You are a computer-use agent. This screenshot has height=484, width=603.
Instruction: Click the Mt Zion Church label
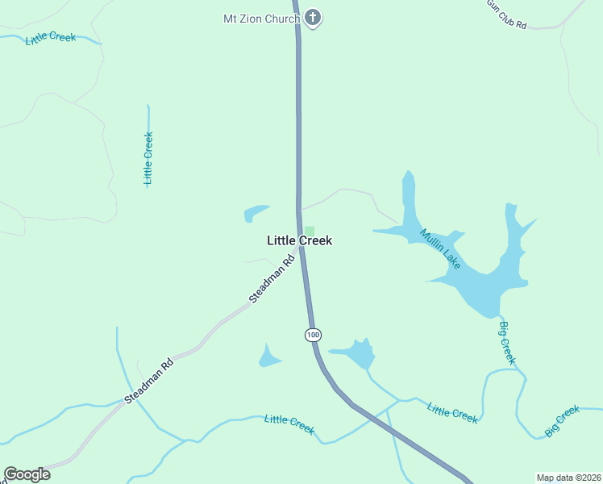click(x=261, y=18)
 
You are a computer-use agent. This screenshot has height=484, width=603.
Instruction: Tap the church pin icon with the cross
click(x=313, y=18)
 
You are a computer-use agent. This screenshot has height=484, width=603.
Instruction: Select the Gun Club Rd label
click(x=506, y=15)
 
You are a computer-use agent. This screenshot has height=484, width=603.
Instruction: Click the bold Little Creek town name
click(x=299, y=240)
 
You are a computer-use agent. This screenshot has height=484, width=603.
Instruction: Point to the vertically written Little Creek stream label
click(x=148, y=158)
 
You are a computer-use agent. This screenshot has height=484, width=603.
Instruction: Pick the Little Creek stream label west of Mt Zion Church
click(x=50, y=38)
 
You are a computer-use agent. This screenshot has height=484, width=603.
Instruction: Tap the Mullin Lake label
click(x=440, y=249)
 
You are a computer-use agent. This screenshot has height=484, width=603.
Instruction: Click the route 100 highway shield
click(x=313, y=335)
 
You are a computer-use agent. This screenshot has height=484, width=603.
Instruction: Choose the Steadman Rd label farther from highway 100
click(x=149, y=382)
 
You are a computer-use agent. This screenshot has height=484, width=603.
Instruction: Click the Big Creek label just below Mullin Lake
click(x=506, y=342)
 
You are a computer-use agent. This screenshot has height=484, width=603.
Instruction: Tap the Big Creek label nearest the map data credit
click(x=562, y=421)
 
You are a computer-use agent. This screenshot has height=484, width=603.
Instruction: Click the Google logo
click(x=27, y=474)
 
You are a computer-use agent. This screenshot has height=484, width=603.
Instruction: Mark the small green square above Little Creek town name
click(x=309, y=232)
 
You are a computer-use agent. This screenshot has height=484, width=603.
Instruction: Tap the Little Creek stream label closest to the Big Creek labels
click(x=453, y=412)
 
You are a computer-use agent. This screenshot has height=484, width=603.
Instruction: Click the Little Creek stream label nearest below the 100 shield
click(x=289, y=423)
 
